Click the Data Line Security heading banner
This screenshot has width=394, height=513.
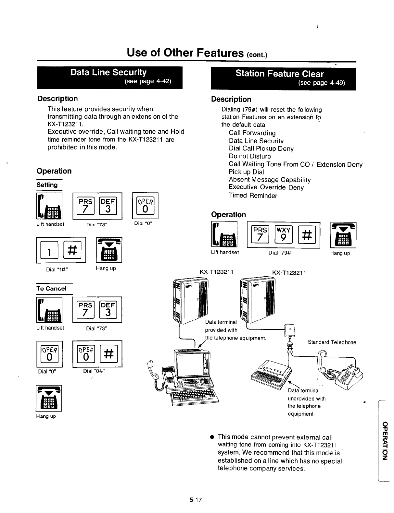click(x=109, y=77)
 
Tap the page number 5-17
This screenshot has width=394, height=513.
click(x=196, y=500)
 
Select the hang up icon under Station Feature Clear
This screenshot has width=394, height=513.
click(x=343, y=234)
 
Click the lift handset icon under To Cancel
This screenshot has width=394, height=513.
click(x=50, y=310)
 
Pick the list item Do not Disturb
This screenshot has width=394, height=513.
click(x=250, y=156)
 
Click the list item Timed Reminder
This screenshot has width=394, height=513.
click(x=253, y=196)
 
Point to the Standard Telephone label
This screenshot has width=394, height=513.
click(x=332, y=342)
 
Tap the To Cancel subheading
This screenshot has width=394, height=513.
click(x=51, y=288)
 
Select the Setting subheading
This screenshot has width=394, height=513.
click(x=47, y=185)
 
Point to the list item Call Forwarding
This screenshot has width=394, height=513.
click(x=252, y=133)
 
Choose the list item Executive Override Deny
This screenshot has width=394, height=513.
click(x=266, y=187)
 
